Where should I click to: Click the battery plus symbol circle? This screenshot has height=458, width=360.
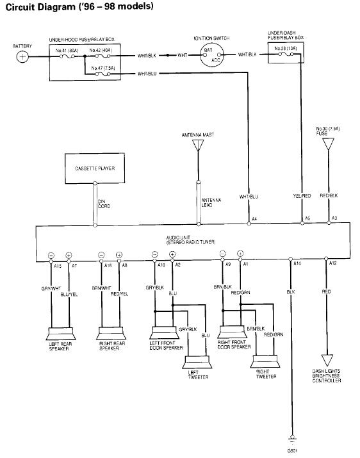point(22,56)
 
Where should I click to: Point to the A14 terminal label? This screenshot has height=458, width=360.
point(297,263)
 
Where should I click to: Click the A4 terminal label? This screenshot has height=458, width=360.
point(254,219)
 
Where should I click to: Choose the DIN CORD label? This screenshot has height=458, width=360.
point(102,204)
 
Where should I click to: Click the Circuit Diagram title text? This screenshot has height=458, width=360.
point(77,8)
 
